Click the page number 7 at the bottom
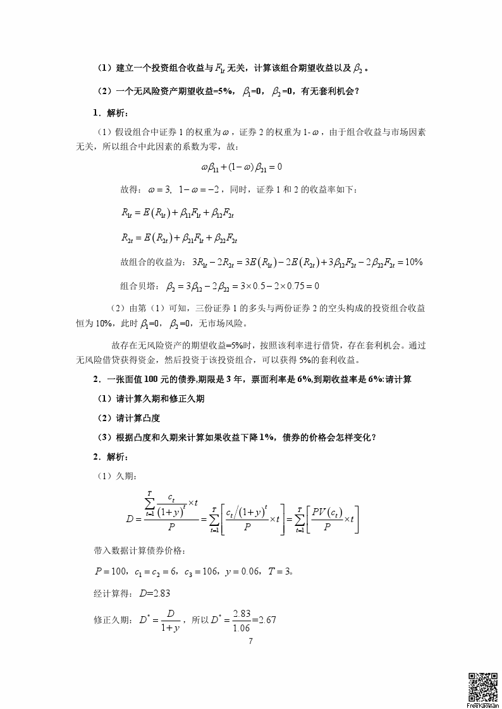coord(251,641)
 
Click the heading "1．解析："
coord(110,113)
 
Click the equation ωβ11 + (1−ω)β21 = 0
coord(241,167)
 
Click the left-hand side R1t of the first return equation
coord(128,213)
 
